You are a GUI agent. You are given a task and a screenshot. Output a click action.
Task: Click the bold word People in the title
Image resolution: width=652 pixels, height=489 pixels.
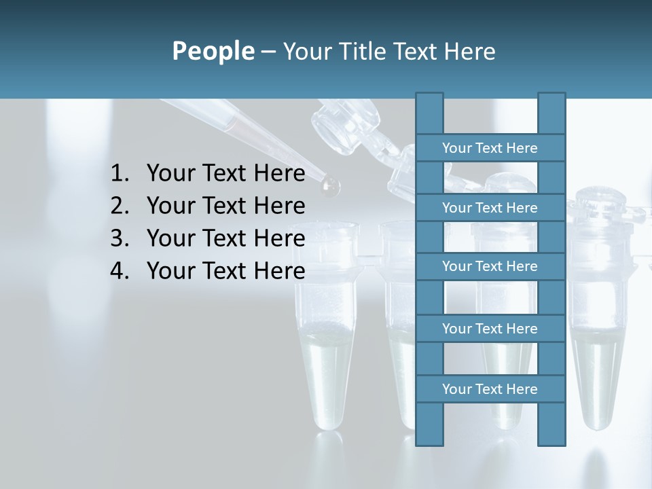[x=213, y=51]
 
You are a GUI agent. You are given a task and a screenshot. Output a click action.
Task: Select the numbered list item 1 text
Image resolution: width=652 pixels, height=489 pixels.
[x=225, y=173]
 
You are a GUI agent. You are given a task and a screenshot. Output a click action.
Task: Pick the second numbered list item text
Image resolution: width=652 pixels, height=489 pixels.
[x=225, y=206]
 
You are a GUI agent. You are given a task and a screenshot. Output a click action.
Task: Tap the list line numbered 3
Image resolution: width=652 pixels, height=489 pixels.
[x=225, y=238]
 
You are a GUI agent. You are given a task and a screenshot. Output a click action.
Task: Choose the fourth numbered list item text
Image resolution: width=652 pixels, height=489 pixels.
[x=225, y=271]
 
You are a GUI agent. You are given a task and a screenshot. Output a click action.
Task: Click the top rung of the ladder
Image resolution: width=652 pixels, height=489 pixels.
[x=490, y=148]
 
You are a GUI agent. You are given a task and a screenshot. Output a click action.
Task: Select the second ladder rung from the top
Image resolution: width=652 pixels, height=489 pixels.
[x=490, y=208]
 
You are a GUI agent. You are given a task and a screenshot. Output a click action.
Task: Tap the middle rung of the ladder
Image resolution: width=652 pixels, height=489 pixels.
[x=490, y=266]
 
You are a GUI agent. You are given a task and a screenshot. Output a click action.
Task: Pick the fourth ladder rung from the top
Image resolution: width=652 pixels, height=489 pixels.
[x=490, y=329]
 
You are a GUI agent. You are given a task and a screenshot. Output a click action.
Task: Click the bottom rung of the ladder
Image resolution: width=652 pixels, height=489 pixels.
[x=490, y=389]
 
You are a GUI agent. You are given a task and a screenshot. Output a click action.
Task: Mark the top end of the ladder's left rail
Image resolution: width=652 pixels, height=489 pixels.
[x=429, y=95]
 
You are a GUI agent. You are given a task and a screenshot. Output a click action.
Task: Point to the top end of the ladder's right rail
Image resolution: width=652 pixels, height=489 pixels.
[x=551, y=95]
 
